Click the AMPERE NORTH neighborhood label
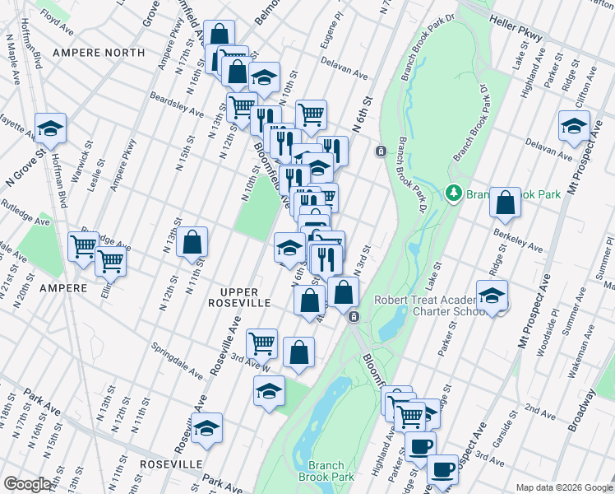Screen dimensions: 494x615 click(x=98, y=53)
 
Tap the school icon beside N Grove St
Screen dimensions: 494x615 click(x=50, y=128)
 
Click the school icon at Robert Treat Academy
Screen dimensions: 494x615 click(x=492, y=295)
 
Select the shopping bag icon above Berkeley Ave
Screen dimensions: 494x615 click(x=505, y=203)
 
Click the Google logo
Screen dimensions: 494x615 click(x=27, y=484)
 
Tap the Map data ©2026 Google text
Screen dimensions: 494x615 click(x=563, y=487)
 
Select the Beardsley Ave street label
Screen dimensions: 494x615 click(x=176, y=105)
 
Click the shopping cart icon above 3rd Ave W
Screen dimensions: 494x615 click(x=261, y=342)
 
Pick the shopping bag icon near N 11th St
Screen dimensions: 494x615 click(x=192, y=242)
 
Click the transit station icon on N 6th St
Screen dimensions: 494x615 click(x=381, y=151)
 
